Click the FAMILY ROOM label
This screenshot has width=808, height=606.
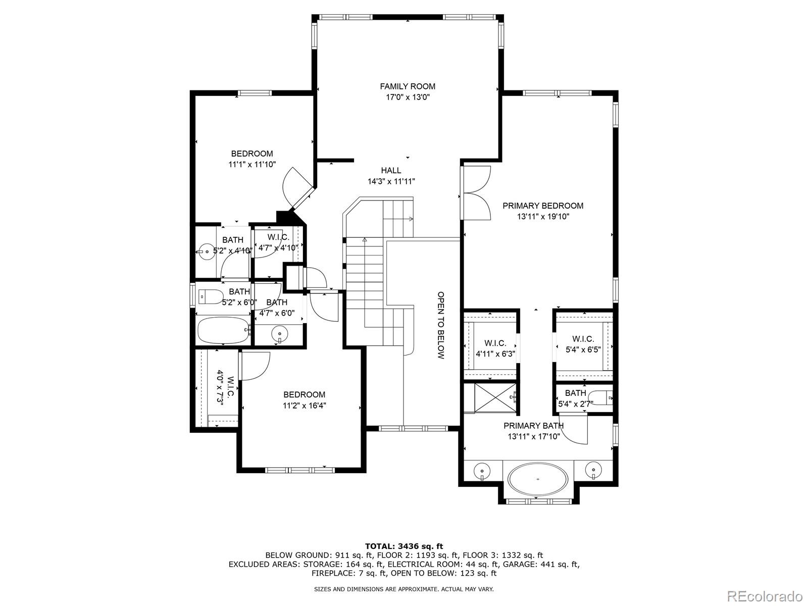click(408, 86)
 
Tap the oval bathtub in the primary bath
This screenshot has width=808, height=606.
click(538, 478)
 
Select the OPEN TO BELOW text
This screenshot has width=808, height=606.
click(440, 325)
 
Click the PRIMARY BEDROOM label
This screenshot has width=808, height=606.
click(543, 206)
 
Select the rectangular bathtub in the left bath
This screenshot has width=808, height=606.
click(223, 330)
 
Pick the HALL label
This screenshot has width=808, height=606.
click(391, 171)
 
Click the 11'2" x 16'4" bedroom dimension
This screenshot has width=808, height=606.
click(304, 406)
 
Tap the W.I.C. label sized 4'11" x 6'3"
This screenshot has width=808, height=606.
click(495, 343)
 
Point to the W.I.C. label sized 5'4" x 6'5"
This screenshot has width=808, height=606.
click(583, 339)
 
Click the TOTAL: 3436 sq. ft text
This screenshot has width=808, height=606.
click(404, 546)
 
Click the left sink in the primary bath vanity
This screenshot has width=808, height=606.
click(482, 471)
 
